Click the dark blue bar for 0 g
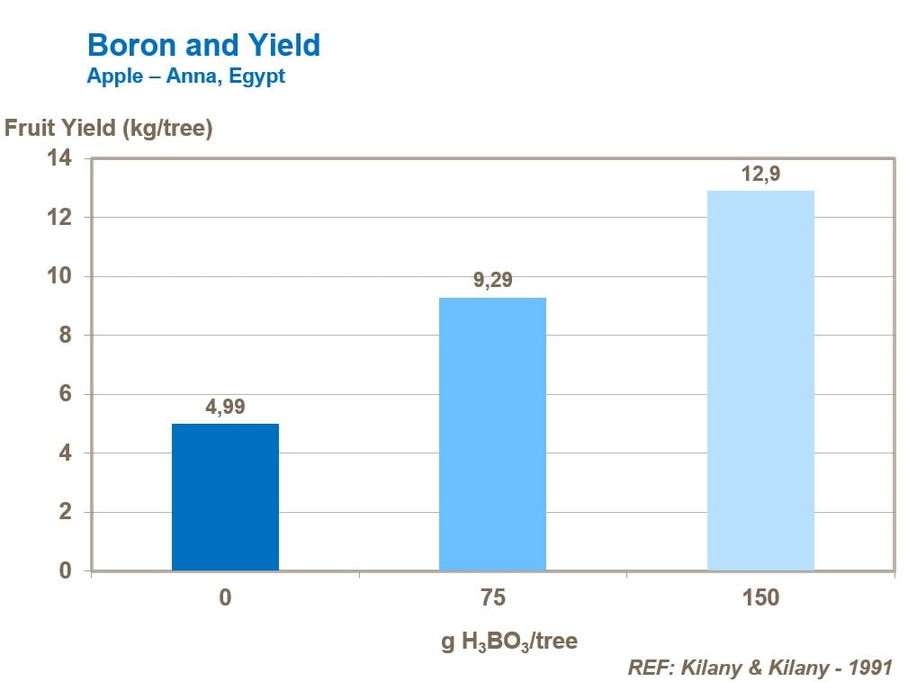225,497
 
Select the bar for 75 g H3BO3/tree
492,434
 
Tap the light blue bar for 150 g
760,380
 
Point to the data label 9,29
492,280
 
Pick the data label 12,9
760,174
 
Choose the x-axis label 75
492,598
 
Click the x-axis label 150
760,598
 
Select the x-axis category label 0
225,598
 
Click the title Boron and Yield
202,45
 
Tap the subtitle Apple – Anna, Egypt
185,76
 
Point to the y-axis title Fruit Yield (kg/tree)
108,129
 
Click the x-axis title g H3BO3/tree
508,642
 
